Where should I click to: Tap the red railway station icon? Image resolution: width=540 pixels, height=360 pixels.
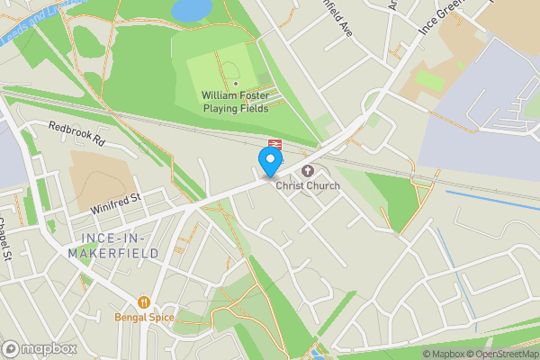(x=275, y=144)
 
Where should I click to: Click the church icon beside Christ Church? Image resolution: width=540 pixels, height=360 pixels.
(x=308, y=170)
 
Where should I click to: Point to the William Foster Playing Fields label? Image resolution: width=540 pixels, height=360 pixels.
(x=236, y=101)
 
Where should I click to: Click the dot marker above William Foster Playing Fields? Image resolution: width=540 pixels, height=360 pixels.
(x=235, y=84)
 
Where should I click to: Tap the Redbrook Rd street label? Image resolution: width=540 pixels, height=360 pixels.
(x=76, y=135)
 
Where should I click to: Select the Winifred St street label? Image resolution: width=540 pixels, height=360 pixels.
(x=116, y=203)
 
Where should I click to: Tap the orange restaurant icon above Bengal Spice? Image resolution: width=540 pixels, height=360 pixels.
(x=142, y=302)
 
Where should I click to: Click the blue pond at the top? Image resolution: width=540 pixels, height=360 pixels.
(x=191, y=10)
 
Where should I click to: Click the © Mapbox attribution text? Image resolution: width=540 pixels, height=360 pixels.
(x=442, y=354)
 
